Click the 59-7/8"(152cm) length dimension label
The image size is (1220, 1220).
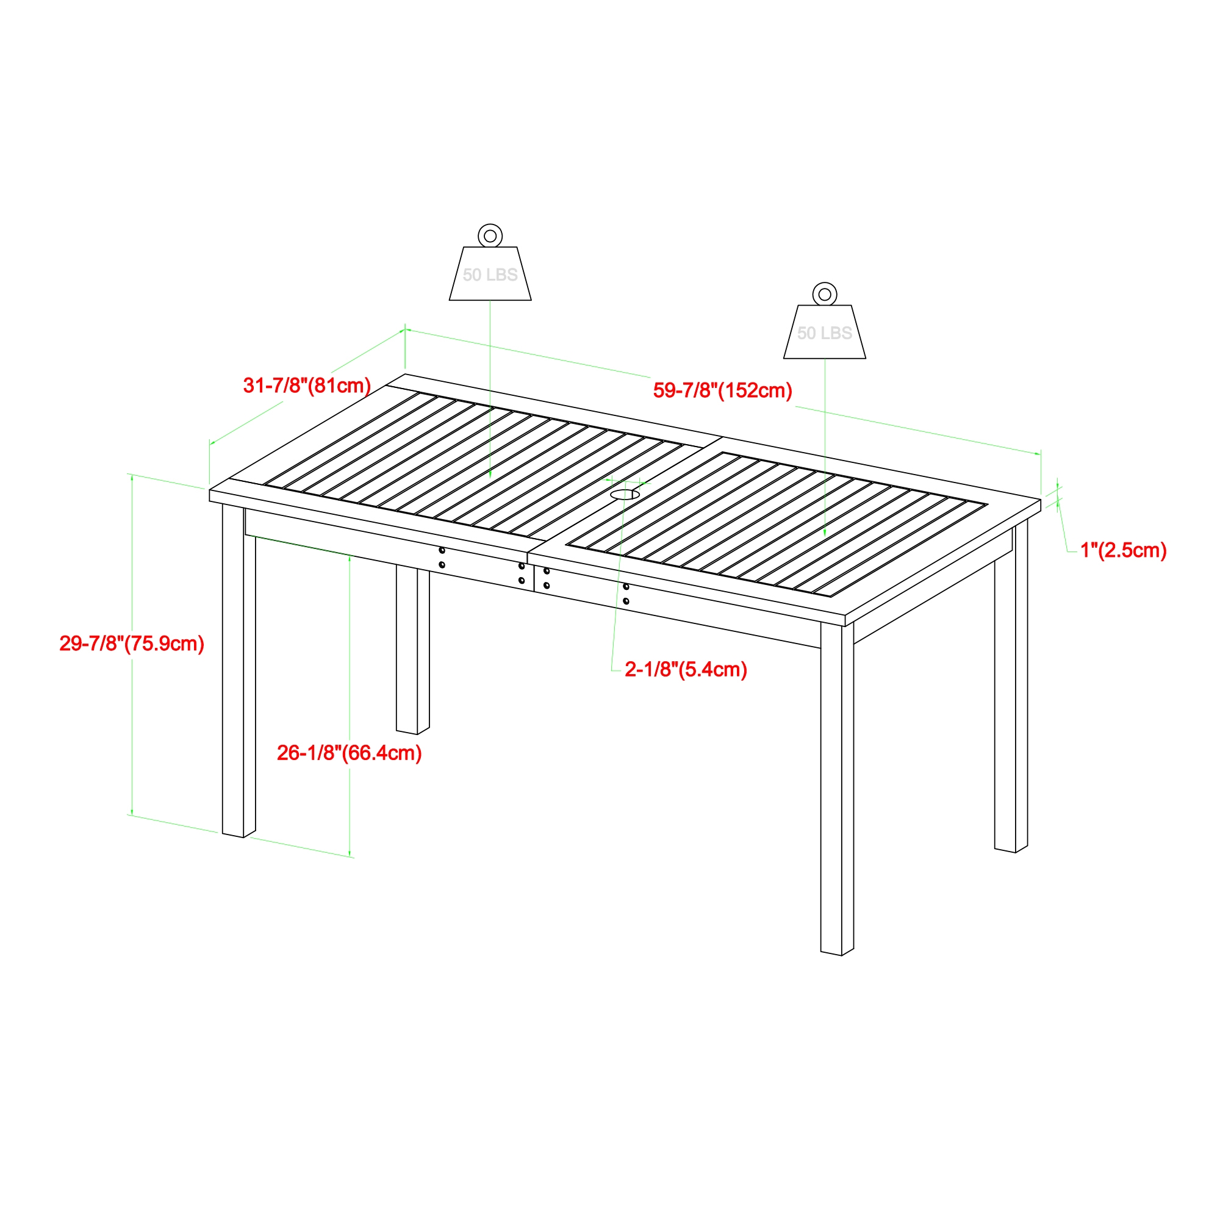tap(722, 390)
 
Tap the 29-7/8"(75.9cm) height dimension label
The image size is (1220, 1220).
tap(132, 644)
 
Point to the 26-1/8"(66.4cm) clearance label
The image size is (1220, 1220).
tap(349, 753)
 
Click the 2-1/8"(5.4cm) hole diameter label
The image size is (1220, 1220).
tap(686, 669)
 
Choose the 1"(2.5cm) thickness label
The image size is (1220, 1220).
tap(1124, 550)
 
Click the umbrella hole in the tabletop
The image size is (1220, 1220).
tap(625, 495)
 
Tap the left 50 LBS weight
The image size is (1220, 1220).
tap(490, 273)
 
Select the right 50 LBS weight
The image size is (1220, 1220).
tap(824, 332)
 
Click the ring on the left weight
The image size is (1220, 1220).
tap(490, 236)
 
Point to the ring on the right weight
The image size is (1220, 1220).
tap(824, 294)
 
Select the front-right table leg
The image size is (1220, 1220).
tap(837, 789)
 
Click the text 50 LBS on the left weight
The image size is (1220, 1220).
tap(490, 274)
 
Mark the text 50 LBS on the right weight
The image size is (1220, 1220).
tap(824, 334)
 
